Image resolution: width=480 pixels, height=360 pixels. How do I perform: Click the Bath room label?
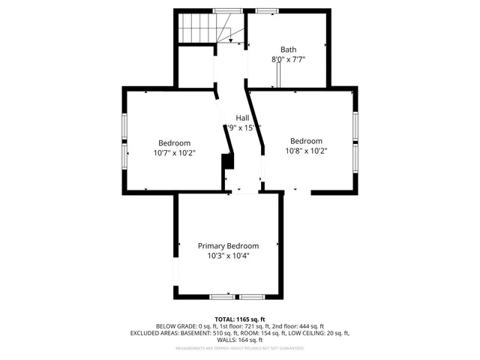[x=288, y=49]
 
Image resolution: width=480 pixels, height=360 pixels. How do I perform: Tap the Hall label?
[x=242, y=118]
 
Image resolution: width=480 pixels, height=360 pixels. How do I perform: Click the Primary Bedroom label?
[x=228, y=246]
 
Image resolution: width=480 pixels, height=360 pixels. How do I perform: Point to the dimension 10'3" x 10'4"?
[x=228, y=256]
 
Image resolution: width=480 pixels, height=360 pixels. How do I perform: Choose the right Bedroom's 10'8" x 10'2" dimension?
[x=306, y=150]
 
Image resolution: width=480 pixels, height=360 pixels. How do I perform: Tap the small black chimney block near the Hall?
[x=226, y=163]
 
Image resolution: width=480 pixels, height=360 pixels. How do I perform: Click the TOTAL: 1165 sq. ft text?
[x=240, y=319]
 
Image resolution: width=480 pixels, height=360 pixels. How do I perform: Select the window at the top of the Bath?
[x=265, y=11]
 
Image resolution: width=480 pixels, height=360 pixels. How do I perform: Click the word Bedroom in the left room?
[x=174, y=142]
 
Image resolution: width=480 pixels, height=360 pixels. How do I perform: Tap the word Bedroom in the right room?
[x=306, y=140]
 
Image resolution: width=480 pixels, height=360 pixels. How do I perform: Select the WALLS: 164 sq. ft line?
[x=240, y=340]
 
